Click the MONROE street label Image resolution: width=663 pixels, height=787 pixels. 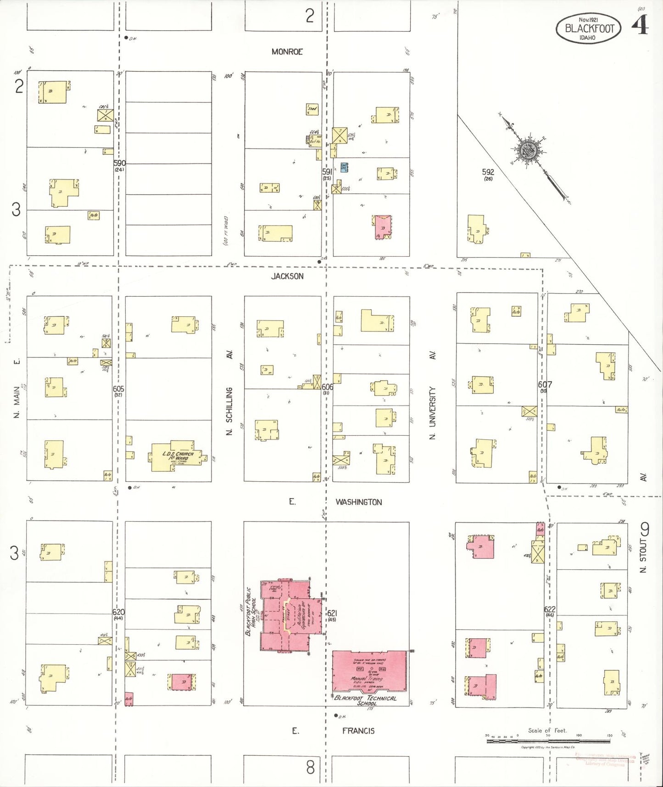click(287, 52)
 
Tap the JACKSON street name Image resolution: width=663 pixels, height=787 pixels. click(287, 276)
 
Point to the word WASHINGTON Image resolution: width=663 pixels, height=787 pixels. click(358, 502)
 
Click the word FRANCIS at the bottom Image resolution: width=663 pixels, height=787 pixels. click(358, 731)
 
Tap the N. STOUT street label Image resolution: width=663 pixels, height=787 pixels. click(643, 556)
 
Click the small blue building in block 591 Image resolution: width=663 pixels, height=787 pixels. click(344, 167)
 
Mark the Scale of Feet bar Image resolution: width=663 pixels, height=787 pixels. click(548, 740)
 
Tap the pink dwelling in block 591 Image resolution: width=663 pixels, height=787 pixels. click(383, 226)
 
